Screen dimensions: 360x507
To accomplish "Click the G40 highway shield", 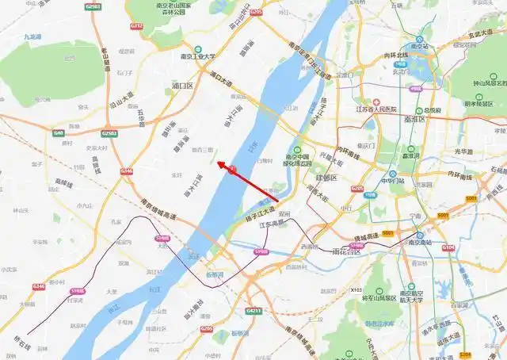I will [59, 132].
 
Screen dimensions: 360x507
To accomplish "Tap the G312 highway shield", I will [137, 26].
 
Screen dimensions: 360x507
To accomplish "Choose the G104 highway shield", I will [448, 248].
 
